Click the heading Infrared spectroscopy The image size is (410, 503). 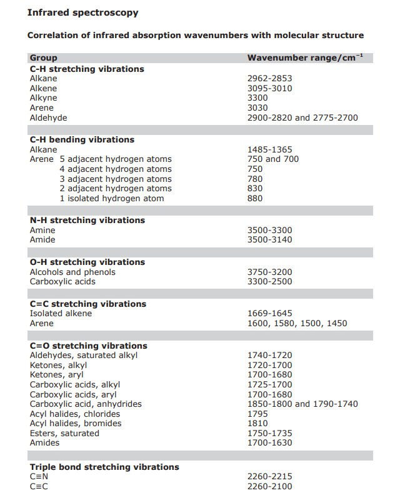pos(82,12)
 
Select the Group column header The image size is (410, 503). pos(43,58)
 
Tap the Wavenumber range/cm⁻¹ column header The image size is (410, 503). pos(305,58)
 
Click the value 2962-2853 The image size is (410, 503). pos(269,79)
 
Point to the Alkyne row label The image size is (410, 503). pos(43,98)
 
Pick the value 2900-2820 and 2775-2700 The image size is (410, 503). pos(302,117)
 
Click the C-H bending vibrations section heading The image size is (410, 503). pos(82,140)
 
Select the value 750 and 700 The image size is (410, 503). pos(273,159)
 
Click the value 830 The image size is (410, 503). pos(255,189)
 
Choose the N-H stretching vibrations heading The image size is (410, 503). pos(87,221)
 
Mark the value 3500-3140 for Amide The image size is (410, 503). pos(269,240)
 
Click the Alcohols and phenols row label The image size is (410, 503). pos(72,272)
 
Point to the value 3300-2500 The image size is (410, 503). pos(269,282)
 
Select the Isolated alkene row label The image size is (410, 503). pos(61,314)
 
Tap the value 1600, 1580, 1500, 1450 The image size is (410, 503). pos(297,324)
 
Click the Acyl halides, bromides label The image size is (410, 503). pos(76,424)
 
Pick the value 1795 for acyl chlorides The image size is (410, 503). pos(257,414)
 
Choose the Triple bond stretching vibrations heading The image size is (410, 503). pos(104,467)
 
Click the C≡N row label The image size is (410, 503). pos(39,477)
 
